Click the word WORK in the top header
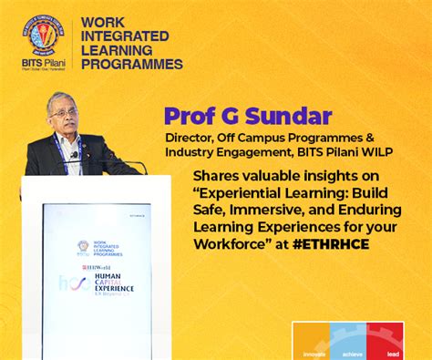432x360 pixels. [102, 21]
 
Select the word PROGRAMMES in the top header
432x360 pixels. [131, 64]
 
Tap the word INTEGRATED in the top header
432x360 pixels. [124, 36]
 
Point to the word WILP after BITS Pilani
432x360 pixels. [375, 151]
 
